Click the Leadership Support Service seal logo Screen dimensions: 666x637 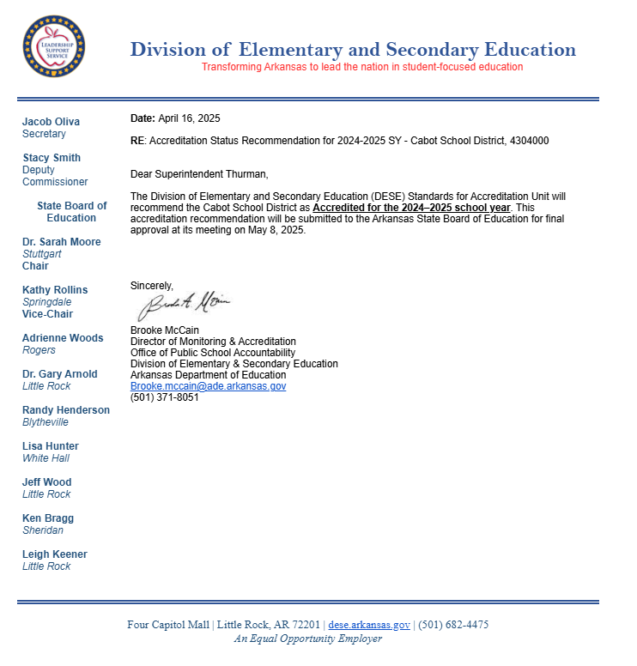53,46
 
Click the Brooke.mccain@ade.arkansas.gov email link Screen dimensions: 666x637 208,386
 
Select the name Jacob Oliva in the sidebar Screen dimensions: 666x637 51,122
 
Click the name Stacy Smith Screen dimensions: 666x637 52,158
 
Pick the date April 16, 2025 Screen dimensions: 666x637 189,118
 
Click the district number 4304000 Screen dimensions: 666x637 529,141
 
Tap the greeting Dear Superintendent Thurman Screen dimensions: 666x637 198,174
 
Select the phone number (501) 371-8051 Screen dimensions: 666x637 164,397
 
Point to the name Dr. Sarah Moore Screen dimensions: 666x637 61,242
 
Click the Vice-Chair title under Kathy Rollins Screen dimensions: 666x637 47,314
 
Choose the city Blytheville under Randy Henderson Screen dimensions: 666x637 45,422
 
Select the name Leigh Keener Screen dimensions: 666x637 54,554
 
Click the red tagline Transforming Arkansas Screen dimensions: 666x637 361,67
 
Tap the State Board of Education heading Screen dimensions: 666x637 72,212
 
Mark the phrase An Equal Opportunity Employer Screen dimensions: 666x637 308,639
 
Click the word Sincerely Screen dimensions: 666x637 151,285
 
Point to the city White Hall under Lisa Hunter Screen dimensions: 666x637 46,458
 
